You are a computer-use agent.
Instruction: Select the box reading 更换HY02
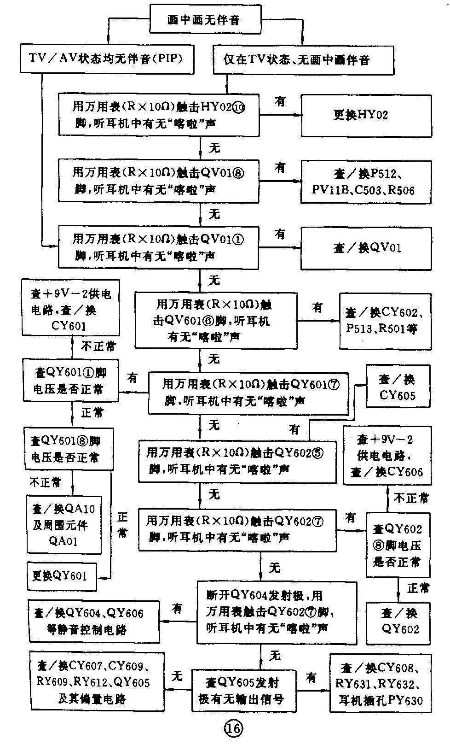pos(366,115)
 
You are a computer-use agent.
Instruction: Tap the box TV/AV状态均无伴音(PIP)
pos(107,59)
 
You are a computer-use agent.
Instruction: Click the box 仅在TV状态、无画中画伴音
pos(303,60)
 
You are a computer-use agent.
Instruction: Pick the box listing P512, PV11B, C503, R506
pos(366,182)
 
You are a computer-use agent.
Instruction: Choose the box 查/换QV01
pos(366,247)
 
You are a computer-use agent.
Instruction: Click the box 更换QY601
pos(62,576)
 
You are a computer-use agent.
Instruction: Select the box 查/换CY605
pos(398,387)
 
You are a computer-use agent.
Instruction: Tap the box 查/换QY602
pos(398,622)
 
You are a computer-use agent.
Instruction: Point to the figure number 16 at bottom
pos(233,728)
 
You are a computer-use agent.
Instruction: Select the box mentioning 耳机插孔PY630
pos(381,685)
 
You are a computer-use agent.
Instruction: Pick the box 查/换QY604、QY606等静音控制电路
pos(94,622)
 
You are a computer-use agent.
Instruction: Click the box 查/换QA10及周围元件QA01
pos(64,525)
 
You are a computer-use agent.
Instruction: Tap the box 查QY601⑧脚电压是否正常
pos(69,449)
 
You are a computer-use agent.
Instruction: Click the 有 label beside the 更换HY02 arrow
pos(280,101)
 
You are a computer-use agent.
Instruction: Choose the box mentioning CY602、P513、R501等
pos(385,321)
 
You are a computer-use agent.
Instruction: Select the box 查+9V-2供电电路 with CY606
pos(387,455)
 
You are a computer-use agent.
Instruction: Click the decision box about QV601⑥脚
pos(215,320)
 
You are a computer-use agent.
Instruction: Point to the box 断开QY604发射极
pos(277,612)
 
